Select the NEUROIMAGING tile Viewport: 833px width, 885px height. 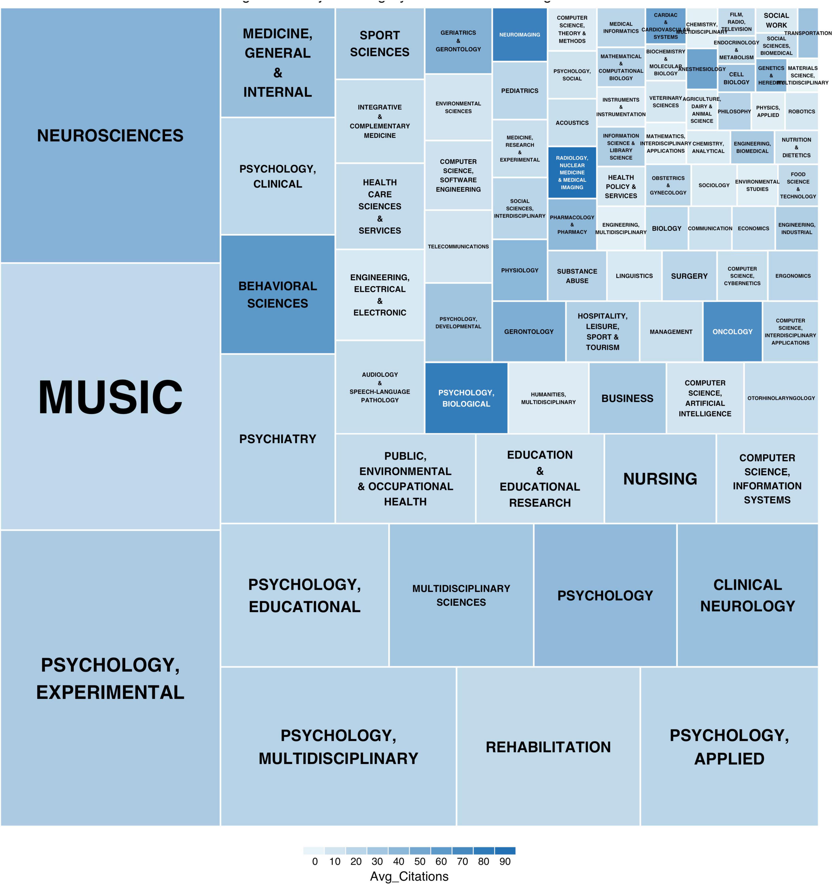pos(519,35)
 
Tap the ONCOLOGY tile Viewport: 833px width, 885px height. pos(732,332)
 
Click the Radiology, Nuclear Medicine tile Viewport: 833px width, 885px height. pos(572,173)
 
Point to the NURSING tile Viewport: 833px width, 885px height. pos(660,479)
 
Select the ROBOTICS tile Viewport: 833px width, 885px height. pos(801,111)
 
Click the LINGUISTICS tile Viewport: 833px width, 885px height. pos(634,276)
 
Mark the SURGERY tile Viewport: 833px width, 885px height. pos(689,276)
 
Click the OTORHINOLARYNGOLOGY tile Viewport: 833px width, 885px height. pos(781,398)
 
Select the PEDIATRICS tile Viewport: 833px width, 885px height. pos(519,91)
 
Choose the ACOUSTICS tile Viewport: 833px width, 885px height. pos(572,123)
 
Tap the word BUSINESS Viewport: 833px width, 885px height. pos(627,398)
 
